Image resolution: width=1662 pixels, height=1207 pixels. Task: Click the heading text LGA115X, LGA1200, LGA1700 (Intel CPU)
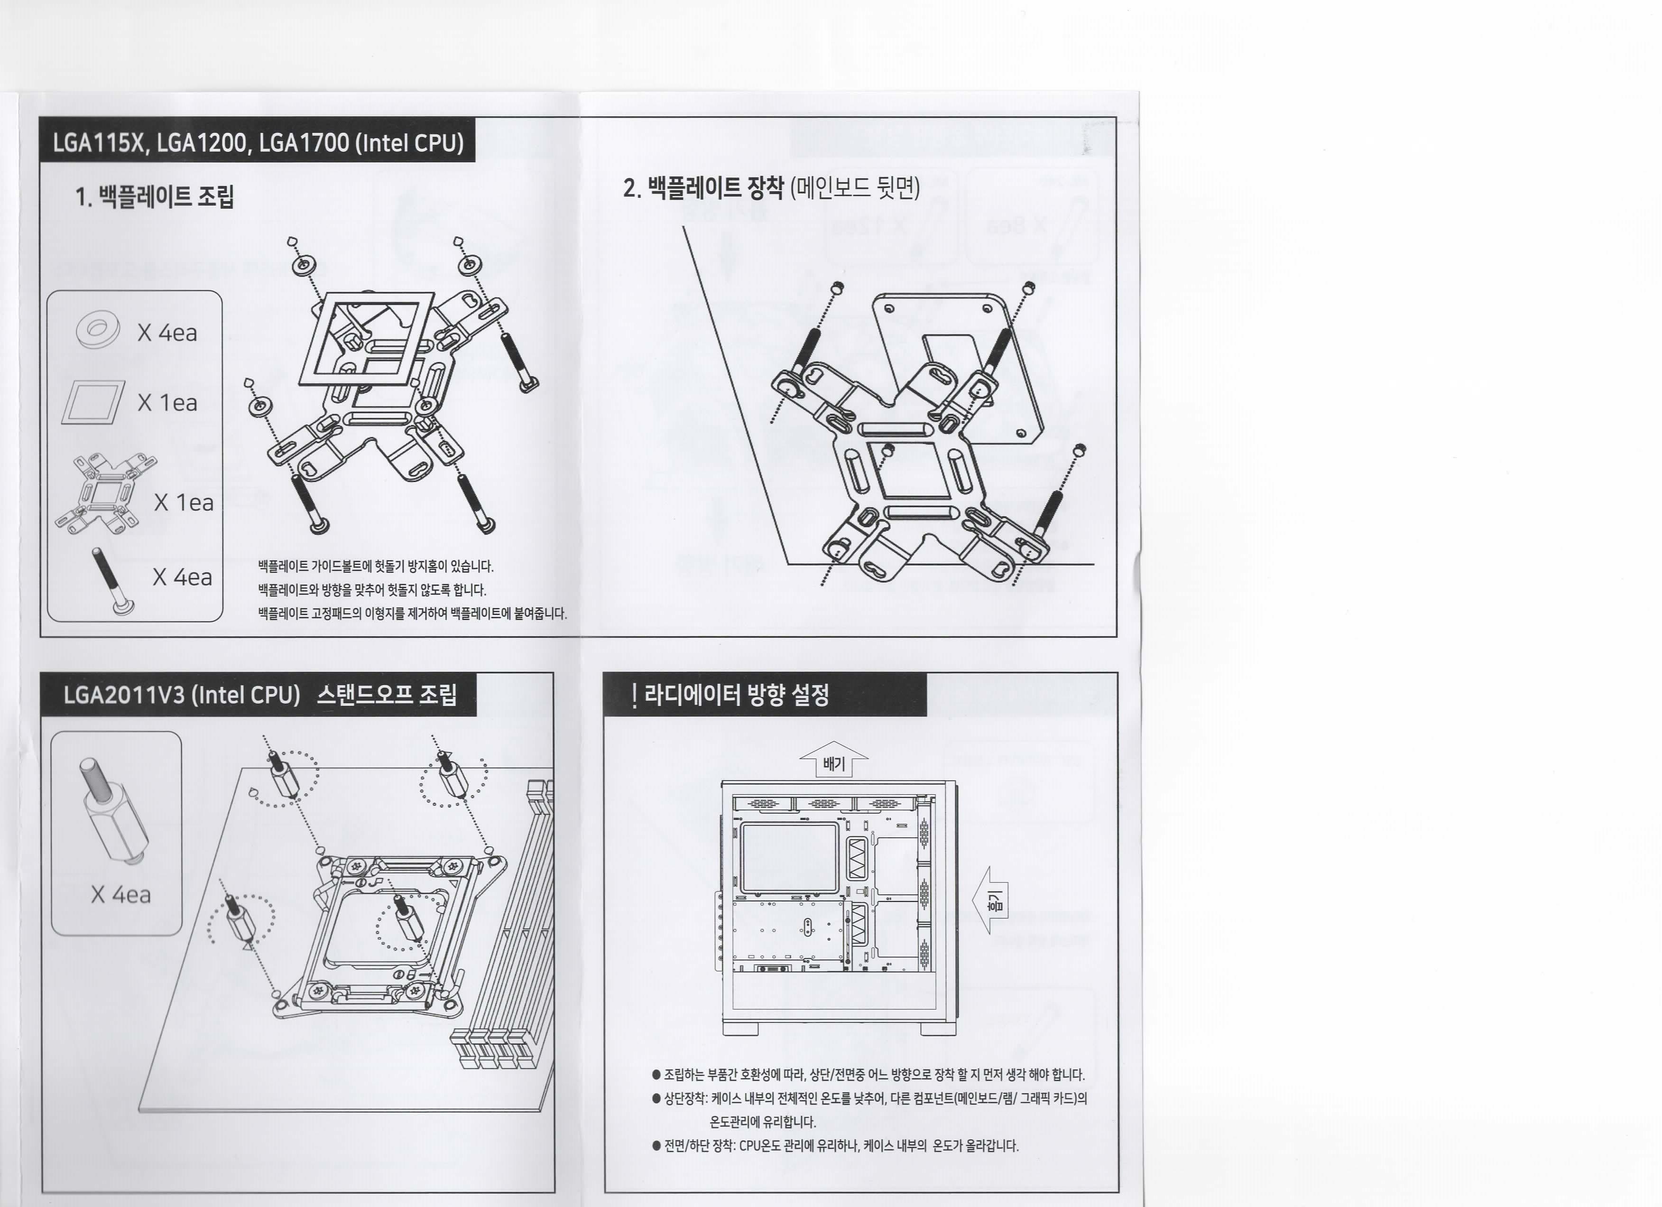pyautogui.click(x=258, y=142)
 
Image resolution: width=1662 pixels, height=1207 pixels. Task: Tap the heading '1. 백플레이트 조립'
pyautogui.click(x=155, y=196)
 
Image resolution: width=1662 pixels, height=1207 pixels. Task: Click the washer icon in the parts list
pyautogui.click(x=97, y=330)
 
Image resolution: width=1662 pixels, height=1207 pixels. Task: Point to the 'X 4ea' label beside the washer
pyautogui.click(x=167, y=333)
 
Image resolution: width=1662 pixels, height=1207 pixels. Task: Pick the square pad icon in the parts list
pyautogui.click(x=93, y=402)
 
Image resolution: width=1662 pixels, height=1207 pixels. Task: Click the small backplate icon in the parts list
pyautogui.click(x=105, y=493)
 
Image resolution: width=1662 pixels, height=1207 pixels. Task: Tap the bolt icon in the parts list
pyautogui.click(x=112, y=580)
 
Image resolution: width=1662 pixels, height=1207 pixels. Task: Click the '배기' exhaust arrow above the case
pyautogui.click(x=834, y=760)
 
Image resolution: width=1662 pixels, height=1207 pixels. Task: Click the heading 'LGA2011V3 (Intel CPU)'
pyautogui.click(x=182, y=694)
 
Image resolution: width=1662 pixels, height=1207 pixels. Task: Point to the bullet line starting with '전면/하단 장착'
pyautogui.click(x=835, y=1145)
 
